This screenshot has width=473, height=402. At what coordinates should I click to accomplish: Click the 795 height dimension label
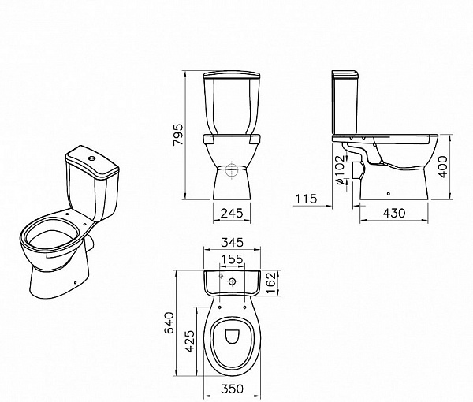tap(178, 135)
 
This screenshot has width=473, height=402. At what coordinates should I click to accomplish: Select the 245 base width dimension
tap(232, 213)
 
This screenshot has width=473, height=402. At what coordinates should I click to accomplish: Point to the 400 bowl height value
tap(442, 167)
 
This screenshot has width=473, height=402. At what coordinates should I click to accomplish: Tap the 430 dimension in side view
tap(394, 213)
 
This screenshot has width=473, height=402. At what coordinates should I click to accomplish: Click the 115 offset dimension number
tap(306, 199)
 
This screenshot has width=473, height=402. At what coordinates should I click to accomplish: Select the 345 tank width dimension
tap(232, 242)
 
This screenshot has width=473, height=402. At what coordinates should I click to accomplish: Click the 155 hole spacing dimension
tap(232, 259)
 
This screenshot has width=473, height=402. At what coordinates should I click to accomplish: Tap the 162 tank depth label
tap(270, 282)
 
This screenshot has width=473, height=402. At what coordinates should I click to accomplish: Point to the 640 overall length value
tap(169, 322)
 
